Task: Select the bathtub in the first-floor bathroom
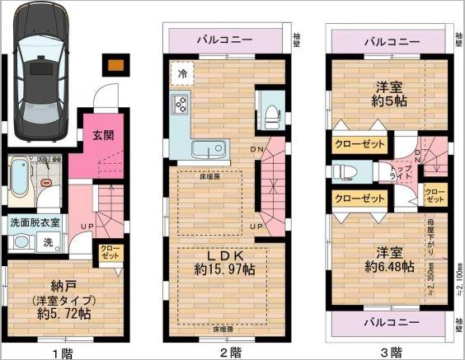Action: click(x=21, y=180)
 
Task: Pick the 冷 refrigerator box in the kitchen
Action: click(x=182, y=73)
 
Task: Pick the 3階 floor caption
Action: click(x=391, y=352)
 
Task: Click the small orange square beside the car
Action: click(x=116, y=64)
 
